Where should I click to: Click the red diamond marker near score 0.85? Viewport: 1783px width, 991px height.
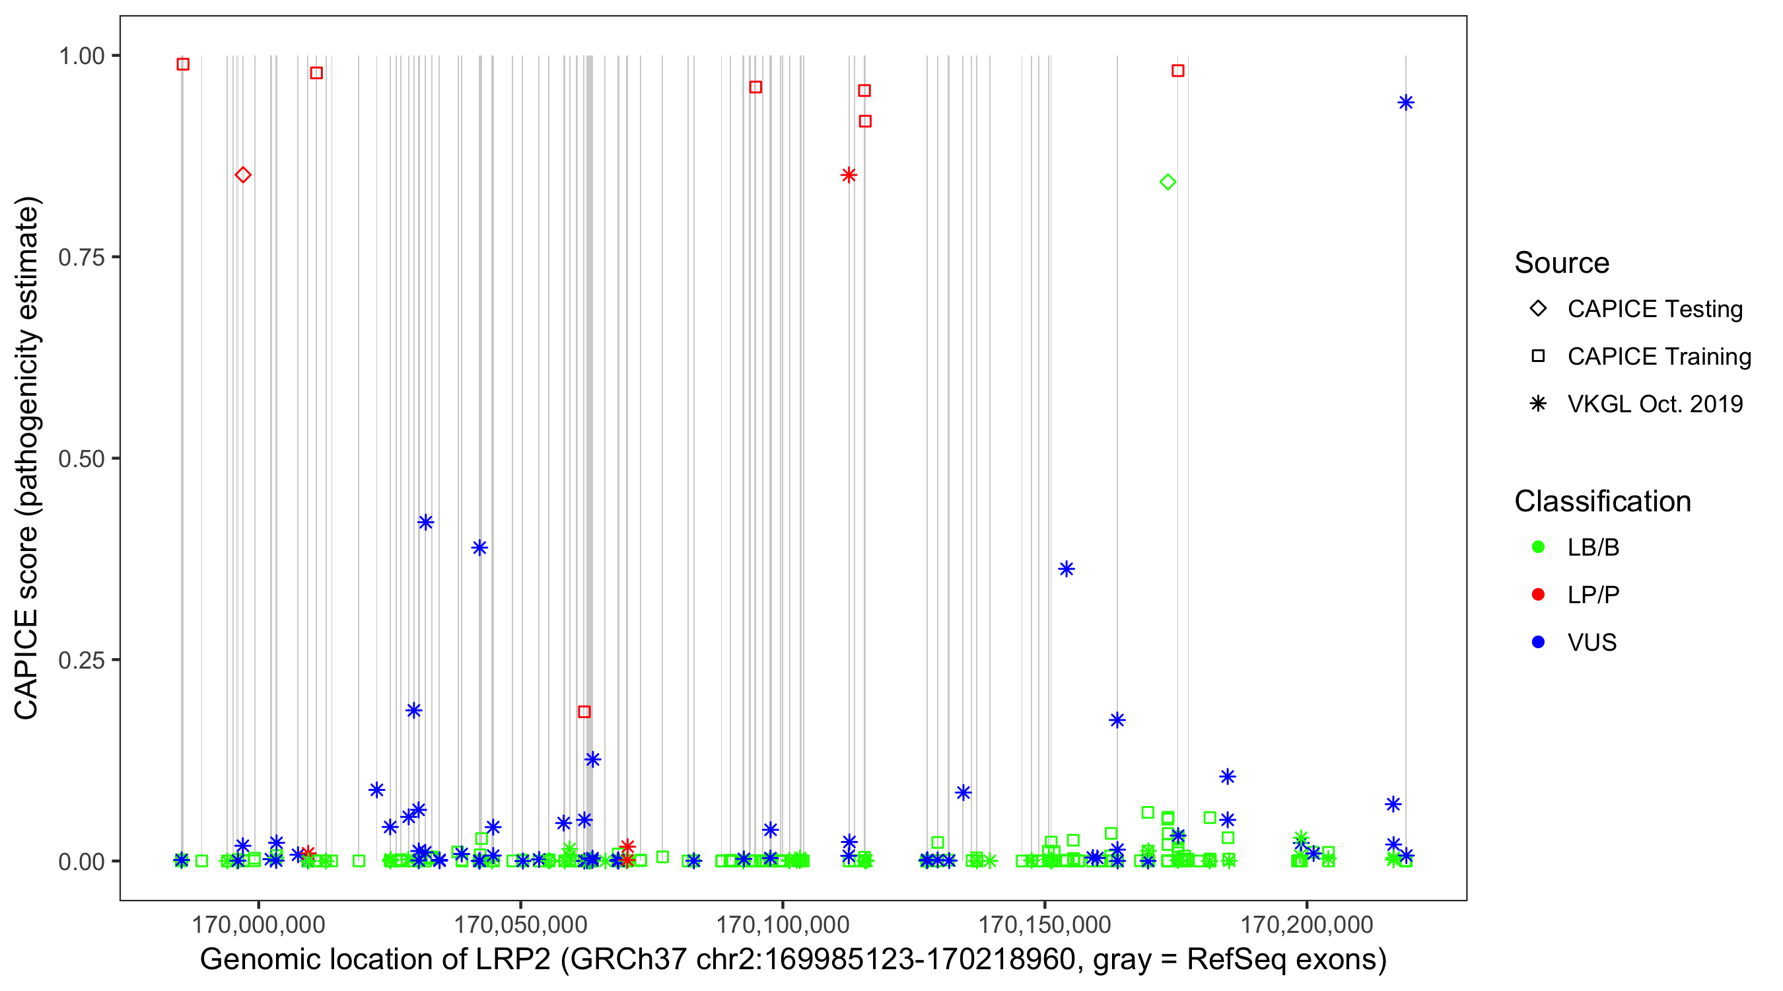(x=242, y=174)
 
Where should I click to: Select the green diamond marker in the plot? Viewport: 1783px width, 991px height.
(x=1168, y=182)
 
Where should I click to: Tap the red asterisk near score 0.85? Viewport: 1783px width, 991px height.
(x=849, y=174)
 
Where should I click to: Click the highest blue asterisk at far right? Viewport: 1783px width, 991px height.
(x=1405, y=102)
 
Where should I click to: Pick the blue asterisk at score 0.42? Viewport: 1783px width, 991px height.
(x=426, y=521)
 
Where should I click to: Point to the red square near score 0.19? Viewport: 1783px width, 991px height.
(x=584, y=712)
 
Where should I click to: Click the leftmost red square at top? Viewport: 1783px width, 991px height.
(x=183, y=63)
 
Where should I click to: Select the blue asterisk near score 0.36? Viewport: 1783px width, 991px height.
(x=1066, y=569)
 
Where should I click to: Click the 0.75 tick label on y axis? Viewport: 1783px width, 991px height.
(x=81, y=257)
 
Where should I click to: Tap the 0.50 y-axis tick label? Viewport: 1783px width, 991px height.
(x=81, y=459)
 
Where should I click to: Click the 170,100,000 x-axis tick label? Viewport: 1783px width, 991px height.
(x=782, y=924)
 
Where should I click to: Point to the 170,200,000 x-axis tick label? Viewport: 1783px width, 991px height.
(x=1306, y=924)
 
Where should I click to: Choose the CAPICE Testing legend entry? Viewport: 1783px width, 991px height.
(x=1654, y=309)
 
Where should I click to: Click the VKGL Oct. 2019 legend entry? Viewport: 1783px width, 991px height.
(x=1654, y=404)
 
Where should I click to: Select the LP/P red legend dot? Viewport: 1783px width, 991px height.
(x=1538, y=595)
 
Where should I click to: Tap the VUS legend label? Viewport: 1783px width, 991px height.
(x=1591, y=642)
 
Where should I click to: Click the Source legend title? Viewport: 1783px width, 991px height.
(x=1562, y=262)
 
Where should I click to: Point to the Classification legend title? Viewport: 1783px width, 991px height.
(x=1602, y=501)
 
